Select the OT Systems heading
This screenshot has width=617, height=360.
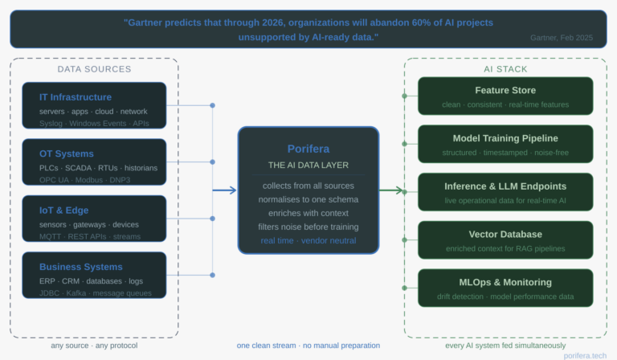coord(67,153)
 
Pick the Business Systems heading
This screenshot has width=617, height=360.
coord(81,267)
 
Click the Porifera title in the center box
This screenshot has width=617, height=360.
coord(308,149)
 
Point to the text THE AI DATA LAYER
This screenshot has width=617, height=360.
coord(308,165)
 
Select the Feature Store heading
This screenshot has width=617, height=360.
coord(505,90)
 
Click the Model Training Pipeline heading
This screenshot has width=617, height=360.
coord(505,138)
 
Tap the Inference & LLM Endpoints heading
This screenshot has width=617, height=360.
coord(505,186)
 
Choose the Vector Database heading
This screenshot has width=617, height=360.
coord(505,234)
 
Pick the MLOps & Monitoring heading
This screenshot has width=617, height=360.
coord(505,282)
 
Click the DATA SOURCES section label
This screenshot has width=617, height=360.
coord(94,69)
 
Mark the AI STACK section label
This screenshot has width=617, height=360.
coord(505,69)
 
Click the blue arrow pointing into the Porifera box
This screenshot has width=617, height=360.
coord(226,190)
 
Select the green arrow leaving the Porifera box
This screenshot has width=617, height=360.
coord(392,190)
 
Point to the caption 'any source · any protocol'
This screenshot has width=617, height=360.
coord(94,346)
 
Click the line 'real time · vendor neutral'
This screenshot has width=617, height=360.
coord(308,240)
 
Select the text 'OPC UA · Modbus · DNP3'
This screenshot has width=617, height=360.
coord(84,180)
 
